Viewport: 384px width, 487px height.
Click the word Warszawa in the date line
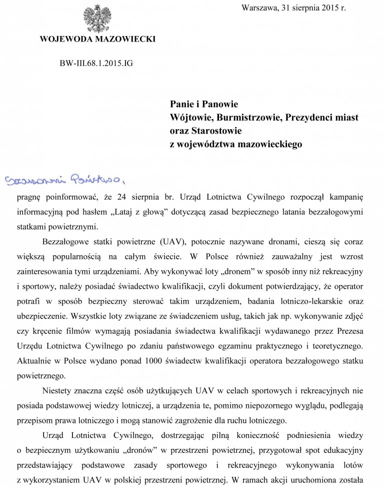click(259, 8)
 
